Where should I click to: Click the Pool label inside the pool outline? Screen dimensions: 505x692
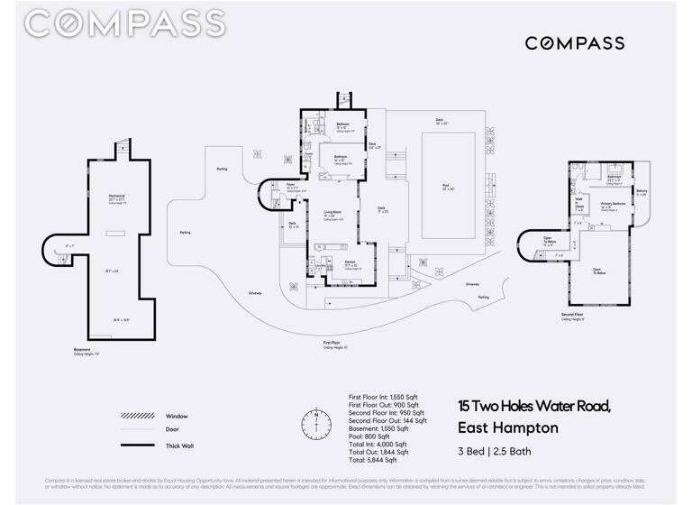pyautogui.click(x=448, y=188)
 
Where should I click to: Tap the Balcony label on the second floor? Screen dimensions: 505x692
pyautogui.click(x=642, y=192)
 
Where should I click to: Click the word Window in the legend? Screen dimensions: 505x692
pyautogui.click(x=177, y=416)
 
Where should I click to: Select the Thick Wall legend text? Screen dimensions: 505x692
pyautogui.click(x=180, y=445)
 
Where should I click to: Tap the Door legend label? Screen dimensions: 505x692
pyautogui.click(x=171, y=430)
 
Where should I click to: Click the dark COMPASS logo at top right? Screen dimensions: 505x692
pyautogui.click(x=574, y=43)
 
